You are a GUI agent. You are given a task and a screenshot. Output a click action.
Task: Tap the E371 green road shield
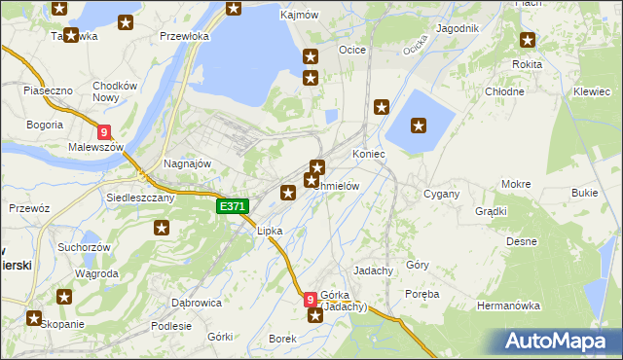[x=233, y=206]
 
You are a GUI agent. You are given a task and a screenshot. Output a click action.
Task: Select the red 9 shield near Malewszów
[x=104, y=132]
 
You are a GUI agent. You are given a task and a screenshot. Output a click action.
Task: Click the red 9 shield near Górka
[x=311, y=300]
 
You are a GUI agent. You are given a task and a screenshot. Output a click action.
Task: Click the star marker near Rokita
[x=528, y=40]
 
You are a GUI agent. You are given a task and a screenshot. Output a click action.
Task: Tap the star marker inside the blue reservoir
[x=419, y=125]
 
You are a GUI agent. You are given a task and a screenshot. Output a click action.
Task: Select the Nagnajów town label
[x=188, y=163]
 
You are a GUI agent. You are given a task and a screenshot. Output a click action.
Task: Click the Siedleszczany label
[x=140, y=197]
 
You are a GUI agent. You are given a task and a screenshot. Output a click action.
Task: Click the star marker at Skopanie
[x=35, y=317]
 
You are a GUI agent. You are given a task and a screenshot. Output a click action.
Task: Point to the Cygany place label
[x=441, y=194]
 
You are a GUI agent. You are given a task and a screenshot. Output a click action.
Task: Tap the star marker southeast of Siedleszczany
[x=162, y=228]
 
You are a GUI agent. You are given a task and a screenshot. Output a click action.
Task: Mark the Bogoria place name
[x=45, y=125]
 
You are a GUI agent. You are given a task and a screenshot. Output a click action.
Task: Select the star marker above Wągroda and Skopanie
[x=64, y=297]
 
